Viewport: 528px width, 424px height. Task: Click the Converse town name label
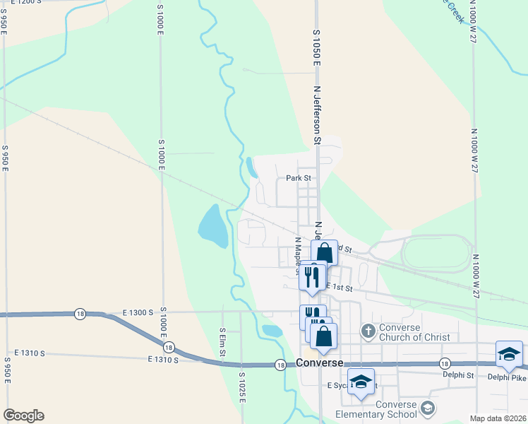tap(319, 363)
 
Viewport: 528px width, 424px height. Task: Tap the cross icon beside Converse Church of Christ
tap(368, 331)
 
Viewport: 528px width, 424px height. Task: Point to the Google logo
tap(23, 416)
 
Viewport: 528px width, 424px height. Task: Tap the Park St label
tap(299, 178)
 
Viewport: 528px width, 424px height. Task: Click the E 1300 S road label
tap(137, 312)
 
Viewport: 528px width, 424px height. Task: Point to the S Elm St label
tap(222, 341)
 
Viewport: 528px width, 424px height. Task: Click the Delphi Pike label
tap(508, 377)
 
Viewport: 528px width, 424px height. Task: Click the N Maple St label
tap(298, 254)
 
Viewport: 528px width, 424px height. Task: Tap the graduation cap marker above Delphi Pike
tap(509, 354)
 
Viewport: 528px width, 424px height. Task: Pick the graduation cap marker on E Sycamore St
tap(361, 382)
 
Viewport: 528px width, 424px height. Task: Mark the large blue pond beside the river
tap(212, 225)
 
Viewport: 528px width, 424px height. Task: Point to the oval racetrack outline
tap(427, 252)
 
